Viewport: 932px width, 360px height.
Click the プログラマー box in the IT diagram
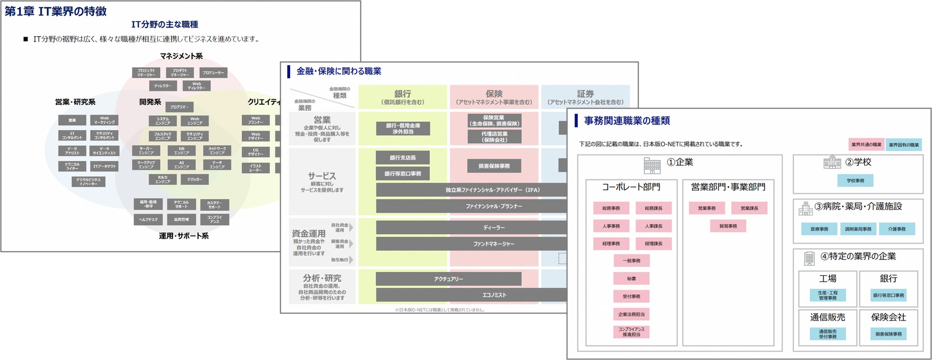[x=180, y=107]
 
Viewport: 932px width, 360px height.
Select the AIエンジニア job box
[x=182, y=165]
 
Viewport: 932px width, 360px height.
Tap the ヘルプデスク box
[x=149, y=219]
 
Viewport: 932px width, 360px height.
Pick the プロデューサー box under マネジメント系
[x=213, y=73]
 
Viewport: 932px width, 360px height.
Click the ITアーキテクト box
[x=104, y=166]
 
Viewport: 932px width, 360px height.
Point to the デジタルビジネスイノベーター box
[x=88, y=182]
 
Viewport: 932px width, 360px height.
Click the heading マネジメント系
[x=181, y=56]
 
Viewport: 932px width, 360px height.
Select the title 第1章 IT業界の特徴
[x=56, y=11]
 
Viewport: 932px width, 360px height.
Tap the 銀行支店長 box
[x=402, y=158]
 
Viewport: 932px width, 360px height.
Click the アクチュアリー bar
[x=448, y=279]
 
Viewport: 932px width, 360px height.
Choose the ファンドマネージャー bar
[x=494, y=244]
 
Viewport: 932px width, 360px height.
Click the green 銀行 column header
[x=402, y=97]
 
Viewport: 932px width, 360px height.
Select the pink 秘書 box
[x=631, y=278]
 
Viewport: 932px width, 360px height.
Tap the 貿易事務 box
[x=728, y=226]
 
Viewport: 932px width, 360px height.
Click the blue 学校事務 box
[x=855, y=180]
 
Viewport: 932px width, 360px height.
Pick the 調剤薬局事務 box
[x=858, y=229]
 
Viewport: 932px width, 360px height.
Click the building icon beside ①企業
[x=652, y=165]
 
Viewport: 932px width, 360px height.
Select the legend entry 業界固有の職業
[x=903, y=144]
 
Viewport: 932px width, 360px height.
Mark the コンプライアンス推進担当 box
[x=631, y=332]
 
